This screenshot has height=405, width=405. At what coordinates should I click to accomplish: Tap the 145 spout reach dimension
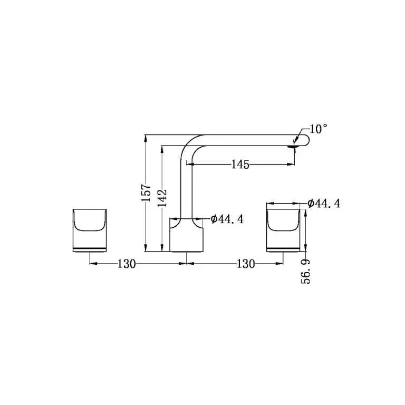(240, 165)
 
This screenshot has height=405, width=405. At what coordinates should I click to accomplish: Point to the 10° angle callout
(319, 129)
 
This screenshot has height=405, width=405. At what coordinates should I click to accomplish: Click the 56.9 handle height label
(306, 271)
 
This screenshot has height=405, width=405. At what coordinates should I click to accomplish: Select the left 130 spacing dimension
(127, 264)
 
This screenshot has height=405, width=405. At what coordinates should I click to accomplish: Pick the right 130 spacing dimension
(246, 264)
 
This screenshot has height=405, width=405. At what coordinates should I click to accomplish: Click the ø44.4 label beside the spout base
(227, 219)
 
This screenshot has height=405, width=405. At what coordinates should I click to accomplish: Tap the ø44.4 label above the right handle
(324, 203)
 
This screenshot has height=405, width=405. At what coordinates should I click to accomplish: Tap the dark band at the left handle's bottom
(90, 248)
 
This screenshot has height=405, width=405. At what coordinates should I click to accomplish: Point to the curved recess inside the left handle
(90, 220)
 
